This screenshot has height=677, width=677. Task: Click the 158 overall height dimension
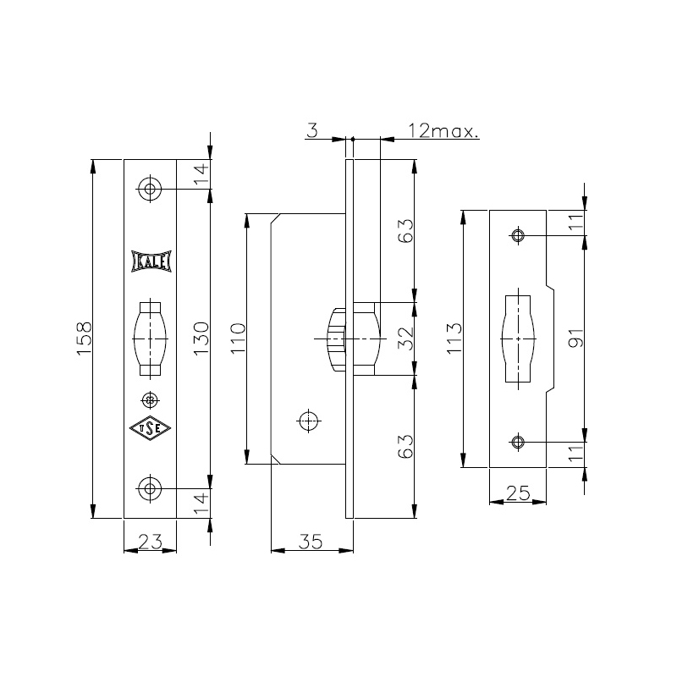(x=85, y=338)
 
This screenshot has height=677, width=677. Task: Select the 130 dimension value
(x=201, y=338)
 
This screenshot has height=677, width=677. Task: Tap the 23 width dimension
(x=151, y=541)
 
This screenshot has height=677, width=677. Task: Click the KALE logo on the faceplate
(x=151, y=261)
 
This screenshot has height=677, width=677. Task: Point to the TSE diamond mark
(x=151, y=428)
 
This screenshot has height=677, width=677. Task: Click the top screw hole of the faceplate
(x=151, y=189)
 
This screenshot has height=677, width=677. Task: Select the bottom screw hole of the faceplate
(x=150, y=488)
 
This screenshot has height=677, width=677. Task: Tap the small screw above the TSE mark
(x=151, y=400)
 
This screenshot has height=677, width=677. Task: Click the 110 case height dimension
(x=238, y=338)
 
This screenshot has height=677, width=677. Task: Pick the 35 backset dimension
(x=311, y=541)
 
